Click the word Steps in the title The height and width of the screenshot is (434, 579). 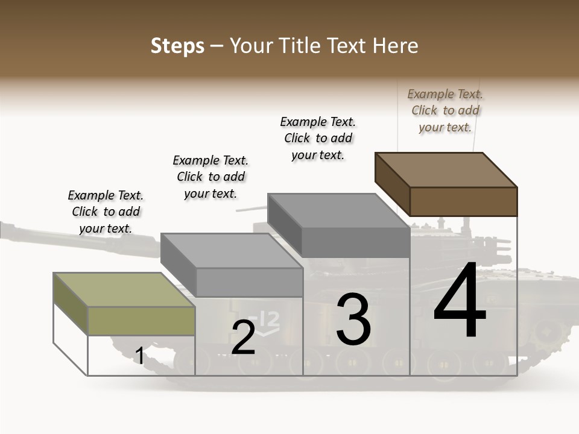(x=177, y=46)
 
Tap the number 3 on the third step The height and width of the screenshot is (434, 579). (x=353, y=319)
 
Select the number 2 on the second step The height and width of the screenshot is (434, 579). (x=243, y=338)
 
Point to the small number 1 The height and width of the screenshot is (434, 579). (x=139, y=356)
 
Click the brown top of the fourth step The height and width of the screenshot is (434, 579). (x=446, y=169)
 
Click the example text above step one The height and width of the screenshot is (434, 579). (x=106, y=212)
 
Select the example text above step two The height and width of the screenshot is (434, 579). (x=210, y=177)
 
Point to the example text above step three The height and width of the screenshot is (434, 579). (x=318, y=138)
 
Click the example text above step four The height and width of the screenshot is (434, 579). (x=445, y=110)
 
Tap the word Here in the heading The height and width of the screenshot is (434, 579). (x=396, y=46)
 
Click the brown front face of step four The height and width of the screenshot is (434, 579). (x=463, y=201)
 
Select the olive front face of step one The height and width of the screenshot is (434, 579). (x=141, y=321)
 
